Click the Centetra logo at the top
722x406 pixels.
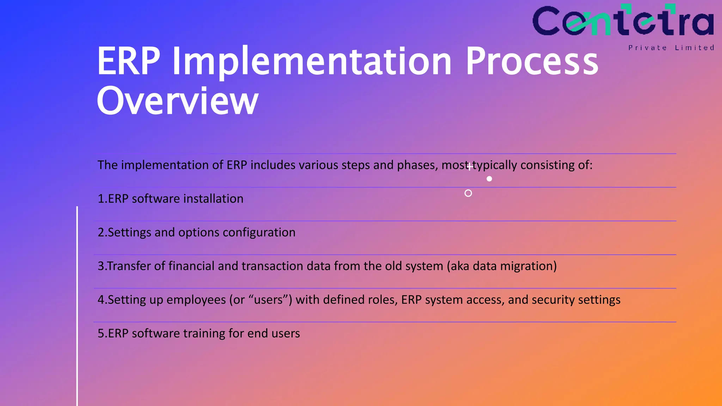click(623, 21)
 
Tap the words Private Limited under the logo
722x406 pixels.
click(671, 48)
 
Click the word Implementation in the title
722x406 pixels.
click(312, 61)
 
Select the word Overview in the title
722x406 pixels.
click(177, 101)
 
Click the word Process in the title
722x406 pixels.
click(532, 61)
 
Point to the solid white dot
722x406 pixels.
click(489, 179)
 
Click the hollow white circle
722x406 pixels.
click(468, 193)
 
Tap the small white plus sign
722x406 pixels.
click(470, 166)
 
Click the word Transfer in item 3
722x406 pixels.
click(129, 266)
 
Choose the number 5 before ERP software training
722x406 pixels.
click(101, 333)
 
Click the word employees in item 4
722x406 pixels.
click(196, 300)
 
